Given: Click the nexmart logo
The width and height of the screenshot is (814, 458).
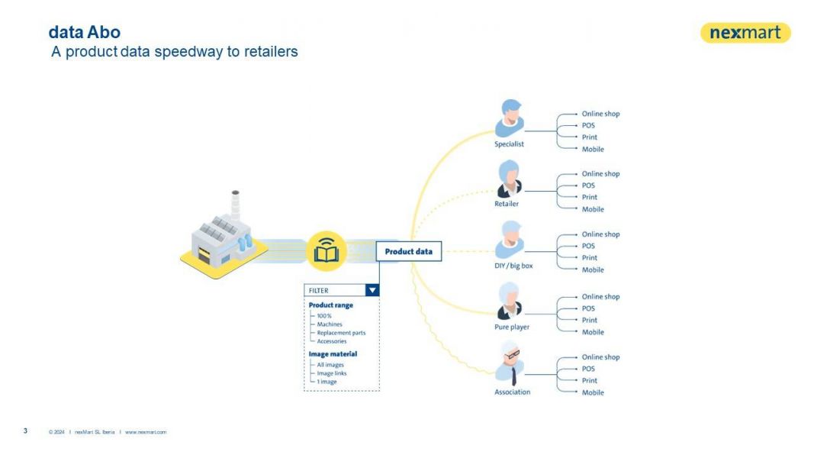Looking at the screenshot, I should click(745, 33).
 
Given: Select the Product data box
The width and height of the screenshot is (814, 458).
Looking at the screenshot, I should click(408, 252).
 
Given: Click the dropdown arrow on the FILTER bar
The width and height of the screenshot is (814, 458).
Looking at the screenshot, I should click(372, 290).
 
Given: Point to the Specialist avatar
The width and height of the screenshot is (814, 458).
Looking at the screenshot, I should click(509, 118).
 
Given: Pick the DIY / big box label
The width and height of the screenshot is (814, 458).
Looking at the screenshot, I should click(513, 266).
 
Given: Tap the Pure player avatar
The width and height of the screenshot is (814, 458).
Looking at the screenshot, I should click(509, 302).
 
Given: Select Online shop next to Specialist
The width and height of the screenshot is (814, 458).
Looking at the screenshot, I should click(600, 114).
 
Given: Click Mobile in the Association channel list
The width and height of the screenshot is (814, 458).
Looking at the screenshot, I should click(593, 392).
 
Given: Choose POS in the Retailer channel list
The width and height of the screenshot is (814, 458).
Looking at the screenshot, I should click(588, 185).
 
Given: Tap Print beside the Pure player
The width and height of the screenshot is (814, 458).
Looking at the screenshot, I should click(590, 321).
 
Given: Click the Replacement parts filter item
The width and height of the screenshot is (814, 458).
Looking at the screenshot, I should click(341, 333).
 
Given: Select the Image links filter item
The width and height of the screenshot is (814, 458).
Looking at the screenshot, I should click(332, 373).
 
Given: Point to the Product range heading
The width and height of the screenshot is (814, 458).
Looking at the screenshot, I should click(330, 305).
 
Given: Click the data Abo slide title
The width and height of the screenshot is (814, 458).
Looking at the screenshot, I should click(84, 33).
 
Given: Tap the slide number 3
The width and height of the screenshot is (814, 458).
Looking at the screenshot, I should click(25, 431).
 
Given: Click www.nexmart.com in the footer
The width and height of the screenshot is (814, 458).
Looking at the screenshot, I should click(146, 432).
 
